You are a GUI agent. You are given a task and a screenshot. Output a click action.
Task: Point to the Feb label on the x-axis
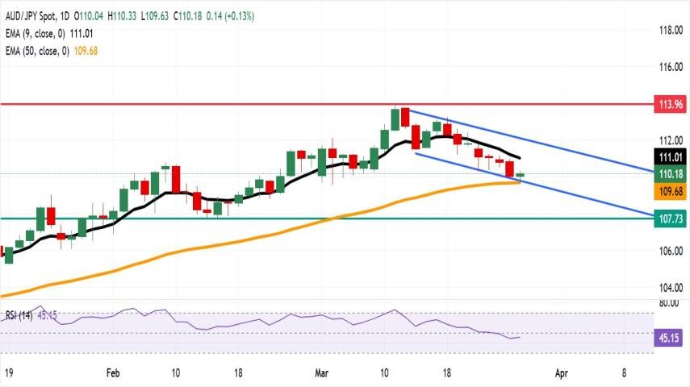coord(112,374)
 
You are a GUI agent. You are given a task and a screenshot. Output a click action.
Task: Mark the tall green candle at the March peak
coord(395,119)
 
